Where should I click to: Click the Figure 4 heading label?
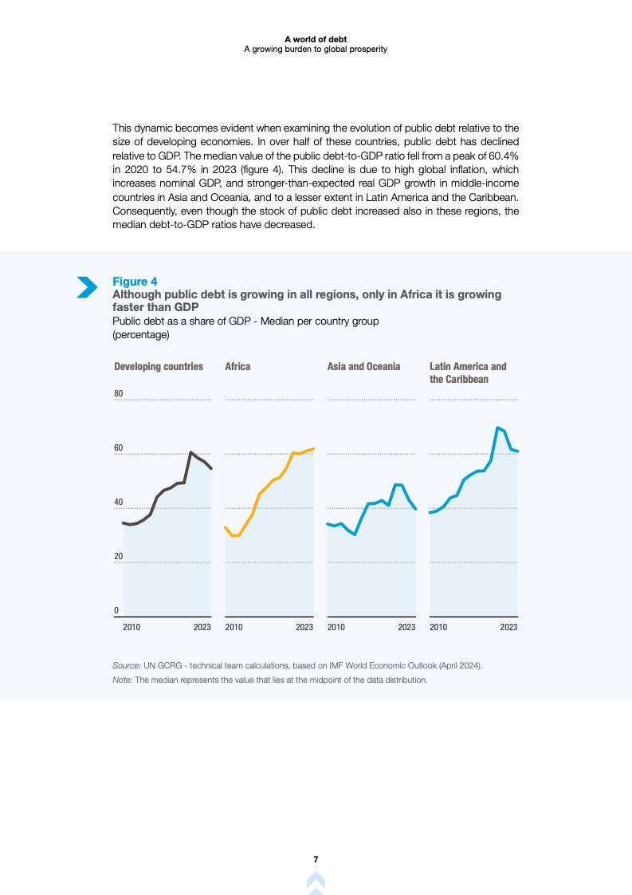[x=135, y=282]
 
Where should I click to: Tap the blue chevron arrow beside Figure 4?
[x=86, y=287]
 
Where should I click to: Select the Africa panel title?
[x=237, y=367]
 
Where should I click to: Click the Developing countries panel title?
[x=159, y=367]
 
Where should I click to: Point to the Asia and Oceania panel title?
[x=363, y=367]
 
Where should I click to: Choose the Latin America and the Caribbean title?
[x=468, y=373]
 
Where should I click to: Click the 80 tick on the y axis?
[x=118, y=394]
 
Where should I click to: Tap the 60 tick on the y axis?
[x=118, y=448]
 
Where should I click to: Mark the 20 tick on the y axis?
[x=118, y=557]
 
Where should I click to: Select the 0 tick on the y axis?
[x=116, y=611]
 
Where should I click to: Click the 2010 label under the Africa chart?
[x=234, y=628]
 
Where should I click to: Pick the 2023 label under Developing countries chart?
[x=202, y=628]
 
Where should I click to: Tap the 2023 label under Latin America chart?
[x=508, y=628]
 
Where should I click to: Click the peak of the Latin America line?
[x=497, y=428]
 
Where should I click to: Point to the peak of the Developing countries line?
[x=191, y=452]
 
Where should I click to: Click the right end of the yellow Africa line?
[x=314, y=448]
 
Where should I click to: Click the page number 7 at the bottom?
[x=316, y=859]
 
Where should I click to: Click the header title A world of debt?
[x=316, y=38]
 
